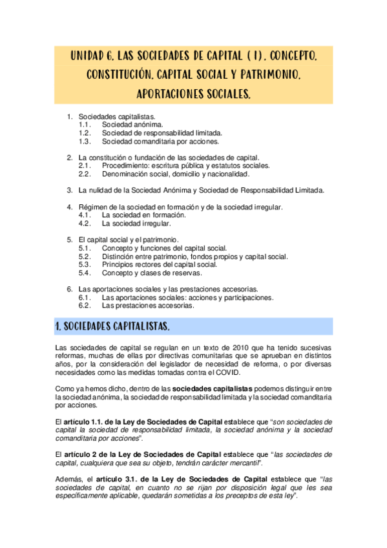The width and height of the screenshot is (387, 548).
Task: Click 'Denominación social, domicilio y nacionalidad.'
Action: coord(175,174)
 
